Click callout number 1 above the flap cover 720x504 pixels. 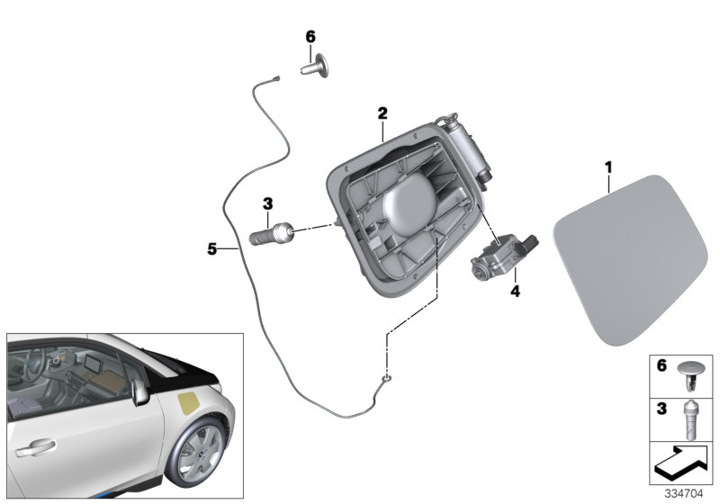point(608,167)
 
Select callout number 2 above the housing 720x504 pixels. point(382,112)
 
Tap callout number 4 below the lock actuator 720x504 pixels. point(515,291)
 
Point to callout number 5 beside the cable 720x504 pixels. point(211,249)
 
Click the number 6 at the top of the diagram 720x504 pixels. point(310,37)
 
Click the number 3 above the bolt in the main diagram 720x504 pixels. point(267,203)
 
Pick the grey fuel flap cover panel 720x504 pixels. point(631,259)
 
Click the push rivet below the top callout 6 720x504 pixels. point(316,67)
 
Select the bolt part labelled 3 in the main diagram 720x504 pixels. point(271,232)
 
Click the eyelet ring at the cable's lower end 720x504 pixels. point(387,378)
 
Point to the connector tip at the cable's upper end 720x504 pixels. point(276,78)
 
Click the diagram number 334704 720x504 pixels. point(684,494)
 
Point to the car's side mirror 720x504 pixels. point(139,392)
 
